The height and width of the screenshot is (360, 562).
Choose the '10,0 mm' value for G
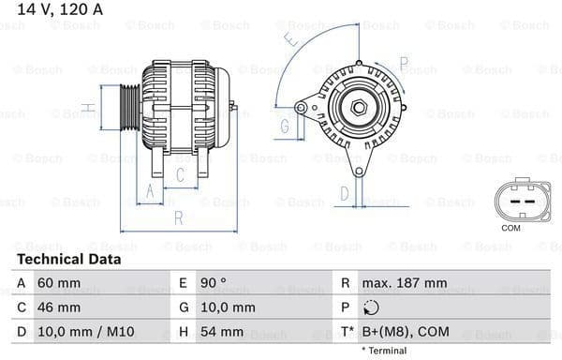[x=229, y=307]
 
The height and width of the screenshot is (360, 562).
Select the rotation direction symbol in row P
[x=372, y=307]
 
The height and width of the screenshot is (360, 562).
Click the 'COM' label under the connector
[x=510, y=228]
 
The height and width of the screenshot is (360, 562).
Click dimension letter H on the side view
[x=86, y=109]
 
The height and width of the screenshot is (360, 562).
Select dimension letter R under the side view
[x=178, y=218]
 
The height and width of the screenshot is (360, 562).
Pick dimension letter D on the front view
[x=345, y=193]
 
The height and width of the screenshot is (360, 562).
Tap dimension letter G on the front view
[x=283, y=124]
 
